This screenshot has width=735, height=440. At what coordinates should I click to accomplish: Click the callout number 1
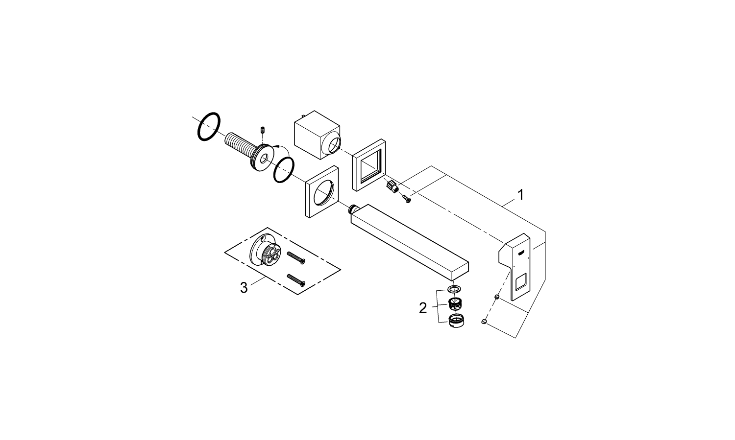click(520, 195)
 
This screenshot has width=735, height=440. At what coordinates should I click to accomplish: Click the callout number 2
click(423, 308)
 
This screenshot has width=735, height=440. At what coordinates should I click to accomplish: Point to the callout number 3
click(244, 288)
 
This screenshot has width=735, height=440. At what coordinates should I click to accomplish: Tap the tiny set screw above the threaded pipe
click(262, 130)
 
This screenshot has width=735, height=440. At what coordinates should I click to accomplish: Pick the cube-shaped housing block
click(318, 135)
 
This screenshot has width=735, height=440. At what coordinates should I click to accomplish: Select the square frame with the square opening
click(369, 165)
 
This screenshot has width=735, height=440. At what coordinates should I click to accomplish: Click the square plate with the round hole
click(321, 191)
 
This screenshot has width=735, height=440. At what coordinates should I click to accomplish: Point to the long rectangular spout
click(410, 242)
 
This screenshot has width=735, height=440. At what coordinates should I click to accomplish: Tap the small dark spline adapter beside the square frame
click(392, 187)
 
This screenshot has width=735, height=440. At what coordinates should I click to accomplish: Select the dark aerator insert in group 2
click(454, 305)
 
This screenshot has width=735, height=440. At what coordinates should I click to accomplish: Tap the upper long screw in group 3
click(296, 257)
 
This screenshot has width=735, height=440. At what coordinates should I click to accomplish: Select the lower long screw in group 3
click(296, 280)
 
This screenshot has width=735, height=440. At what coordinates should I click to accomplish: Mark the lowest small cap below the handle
click(483, 322)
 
